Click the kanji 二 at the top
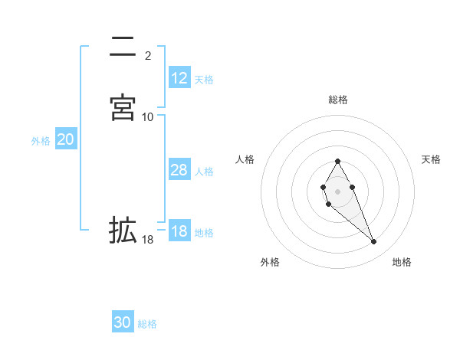click(123, 47)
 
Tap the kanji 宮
click(123, 107)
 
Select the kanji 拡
click(123, 230)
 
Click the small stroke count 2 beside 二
click(147, 55)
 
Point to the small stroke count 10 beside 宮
click(148, 116)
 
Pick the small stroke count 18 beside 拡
click(148, 240)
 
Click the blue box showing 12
click(179, 78)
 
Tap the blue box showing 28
click(179, 170)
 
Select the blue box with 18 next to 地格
click(179, 232)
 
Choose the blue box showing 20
click(66, 139)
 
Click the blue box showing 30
click(123, 322)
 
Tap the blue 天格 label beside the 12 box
click(204, 79)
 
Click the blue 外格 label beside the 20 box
click(41, 140)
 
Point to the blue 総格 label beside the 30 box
click(147, 324)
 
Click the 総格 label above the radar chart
click(338, 100)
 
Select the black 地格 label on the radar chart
click(402, 262)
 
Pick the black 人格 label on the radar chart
click(245, 159)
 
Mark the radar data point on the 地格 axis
click(374, 242)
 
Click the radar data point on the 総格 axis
click(338, 161)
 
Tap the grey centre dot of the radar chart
click(338, 190)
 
